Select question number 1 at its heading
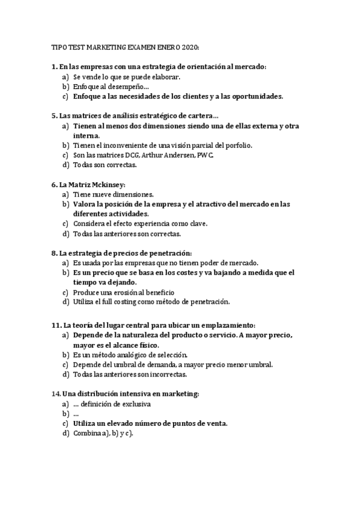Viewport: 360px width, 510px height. click(x=54, y=67)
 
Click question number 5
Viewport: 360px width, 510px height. click(x=54, y=115)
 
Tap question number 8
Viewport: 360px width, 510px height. click(x=54, y=253)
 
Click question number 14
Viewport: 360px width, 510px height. click(x=56, y=393)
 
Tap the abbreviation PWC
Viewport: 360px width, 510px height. click(x=205, y=155)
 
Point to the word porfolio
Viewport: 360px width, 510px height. click(x=237, y=145)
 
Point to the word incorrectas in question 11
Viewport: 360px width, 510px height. click(x=169, y=374)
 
